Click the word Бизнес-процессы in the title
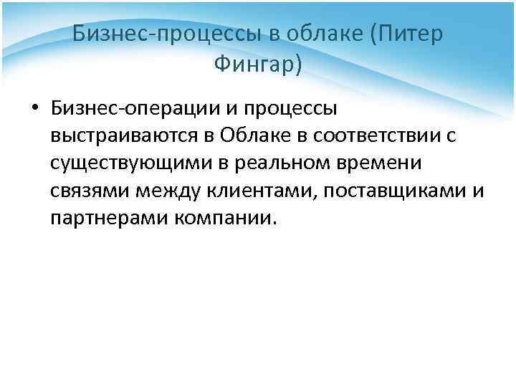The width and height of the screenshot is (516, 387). coord(147,34)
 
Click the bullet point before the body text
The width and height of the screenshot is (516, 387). coord(34,109)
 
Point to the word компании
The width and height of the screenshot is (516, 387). coord(224,217)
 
